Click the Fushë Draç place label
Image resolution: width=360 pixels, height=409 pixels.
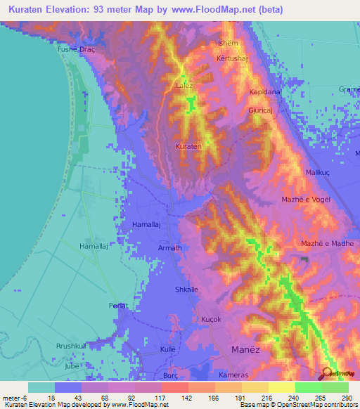coord(75,51)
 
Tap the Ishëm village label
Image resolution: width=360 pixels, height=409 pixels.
coord(219,43)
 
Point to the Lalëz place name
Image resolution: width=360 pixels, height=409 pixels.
coord(184,86)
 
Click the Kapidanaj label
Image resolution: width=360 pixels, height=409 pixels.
coord(265,92)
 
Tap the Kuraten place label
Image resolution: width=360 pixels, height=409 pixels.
coord(188,146)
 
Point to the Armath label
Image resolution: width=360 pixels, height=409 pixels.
coord(169,248)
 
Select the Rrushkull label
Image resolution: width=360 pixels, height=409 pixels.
coord(71,346)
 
